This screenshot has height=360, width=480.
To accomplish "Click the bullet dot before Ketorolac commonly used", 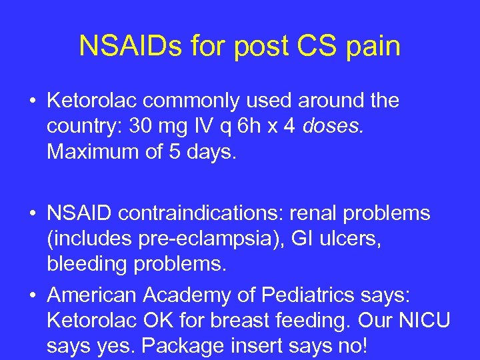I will coord(32,101).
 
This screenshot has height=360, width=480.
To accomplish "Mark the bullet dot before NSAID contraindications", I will coord(32,214).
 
